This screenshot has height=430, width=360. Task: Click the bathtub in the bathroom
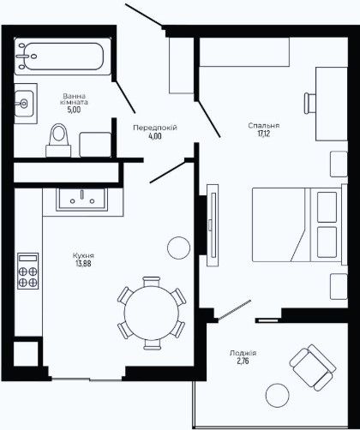(x=63, y=57)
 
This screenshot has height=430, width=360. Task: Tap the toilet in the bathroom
(x=58, y=140)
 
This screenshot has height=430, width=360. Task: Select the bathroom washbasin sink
(x=24, y=104)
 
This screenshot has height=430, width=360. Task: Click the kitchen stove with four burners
(x=27, y=271)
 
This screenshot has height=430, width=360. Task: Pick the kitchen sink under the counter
(x=81, y=200)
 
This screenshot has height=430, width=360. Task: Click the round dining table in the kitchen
(x=152, y=313)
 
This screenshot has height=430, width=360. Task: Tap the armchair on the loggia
(x=313, y=367)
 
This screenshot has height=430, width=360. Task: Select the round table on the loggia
(x=277, y=396)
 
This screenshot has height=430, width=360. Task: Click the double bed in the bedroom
(x=300, y=224)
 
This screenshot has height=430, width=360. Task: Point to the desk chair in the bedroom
(x=309, y=103)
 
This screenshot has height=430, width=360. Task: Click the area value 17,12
(x=264, y=134)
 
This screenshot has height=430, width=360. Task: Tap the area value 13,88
(x=83, y=263)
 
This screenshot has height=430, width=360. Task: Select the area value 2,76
(x=243, y=361)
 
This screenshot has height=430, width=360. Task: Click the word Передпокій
(x=155, y=128)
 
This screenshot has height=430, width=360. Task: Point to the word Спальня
(x=264, y=125)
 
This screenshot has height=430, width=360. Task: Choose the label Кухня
(x=83, y=255)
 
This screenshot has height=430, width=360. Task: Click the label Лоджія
(x=243, y=353)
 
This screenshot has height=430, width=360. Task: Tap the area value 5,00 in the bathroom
(x=74, y=110)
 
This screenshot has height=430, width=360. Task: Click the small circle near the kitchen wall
(x=178, y=248)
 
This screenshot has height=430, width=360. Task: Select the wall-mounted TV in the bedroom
(x=213, y=225)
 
